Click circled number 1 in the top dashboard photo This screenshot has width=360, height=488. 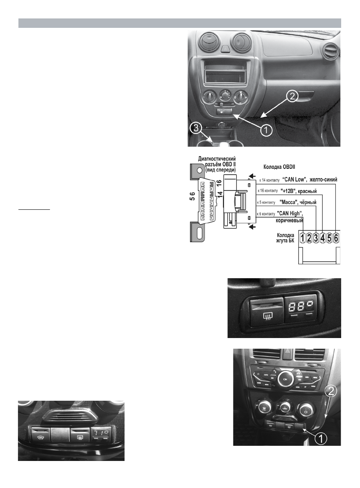266,130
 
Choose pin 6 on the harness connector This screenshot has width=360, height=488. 336,238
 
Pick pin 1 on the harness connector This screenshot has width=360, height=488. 302,238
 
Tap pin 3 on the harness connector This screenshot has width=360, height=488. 316,238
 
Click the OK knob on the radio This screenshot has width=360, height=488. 284,380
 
